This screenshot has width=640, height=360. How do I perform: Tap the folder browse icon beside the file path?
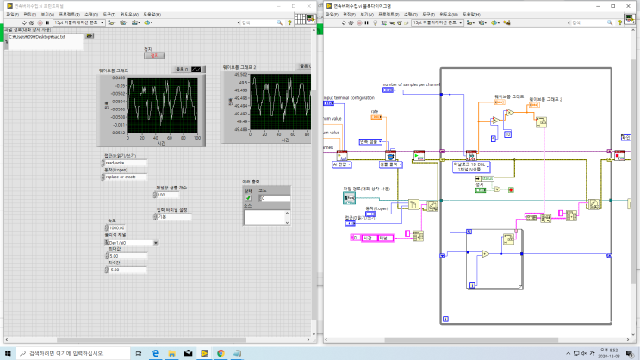(x=90, y=37)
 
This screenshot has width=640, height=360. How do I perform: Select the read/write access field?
(x=125, y=162)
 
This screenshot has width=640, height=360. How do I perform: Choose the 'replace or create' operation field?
(x=125, y=176)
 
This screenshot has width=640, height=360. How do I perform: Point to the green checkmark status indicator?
(x=249, y=198)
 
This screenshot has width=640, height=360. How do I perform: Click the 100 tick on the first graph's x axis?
(x=199, y=137)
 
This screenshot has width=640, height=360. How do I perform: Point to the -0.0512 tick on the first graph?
(x=116, y=133)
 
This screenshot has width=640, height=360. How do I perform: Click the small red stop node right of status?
(x=510, y=188)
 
